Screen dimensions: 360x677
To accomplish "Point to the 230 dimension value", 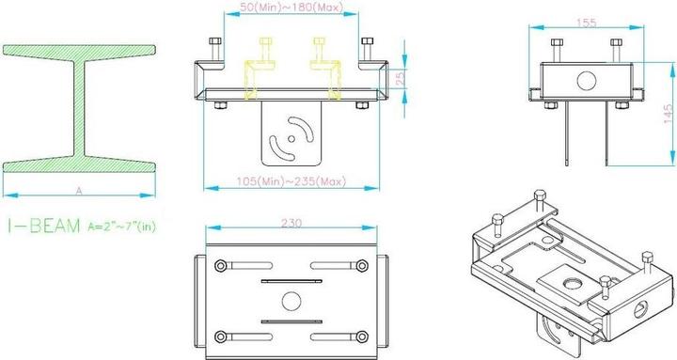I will click(290, 224).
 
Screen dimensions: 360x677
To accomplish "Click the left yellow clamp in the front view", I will click(258, 70).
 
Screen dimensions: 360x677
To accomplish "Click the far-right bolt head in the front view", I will click(366, 45).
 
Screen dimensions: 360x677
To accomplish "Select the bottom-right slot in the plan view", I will click(340, 336).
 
